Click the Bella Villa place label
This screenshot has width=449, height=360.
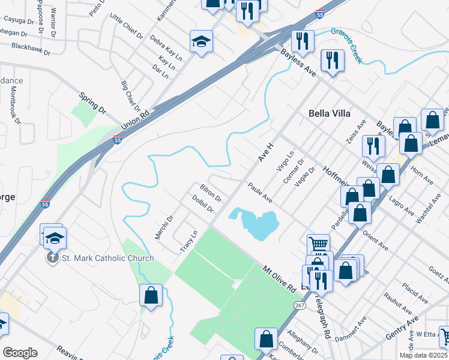tap(329, 113)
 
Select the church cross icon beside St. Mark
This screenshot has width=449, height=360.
tap(53, 258)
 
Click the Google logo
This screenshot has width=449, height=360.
tap(20, 352)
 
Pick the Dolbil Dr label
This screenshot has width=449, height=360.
tap(203, 203)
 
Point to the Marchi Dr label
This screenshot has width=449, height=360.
tap(163, 227)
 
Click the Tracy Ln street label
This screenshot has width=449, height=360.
tap(188, 241)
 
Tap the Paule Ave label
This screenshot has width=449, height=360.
tap(261, 193)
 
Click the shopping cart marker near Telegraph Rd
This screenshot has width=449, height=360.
tap(318, 244)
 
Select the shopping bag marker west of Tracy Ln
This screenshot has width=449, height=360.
tap(151, 295)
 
